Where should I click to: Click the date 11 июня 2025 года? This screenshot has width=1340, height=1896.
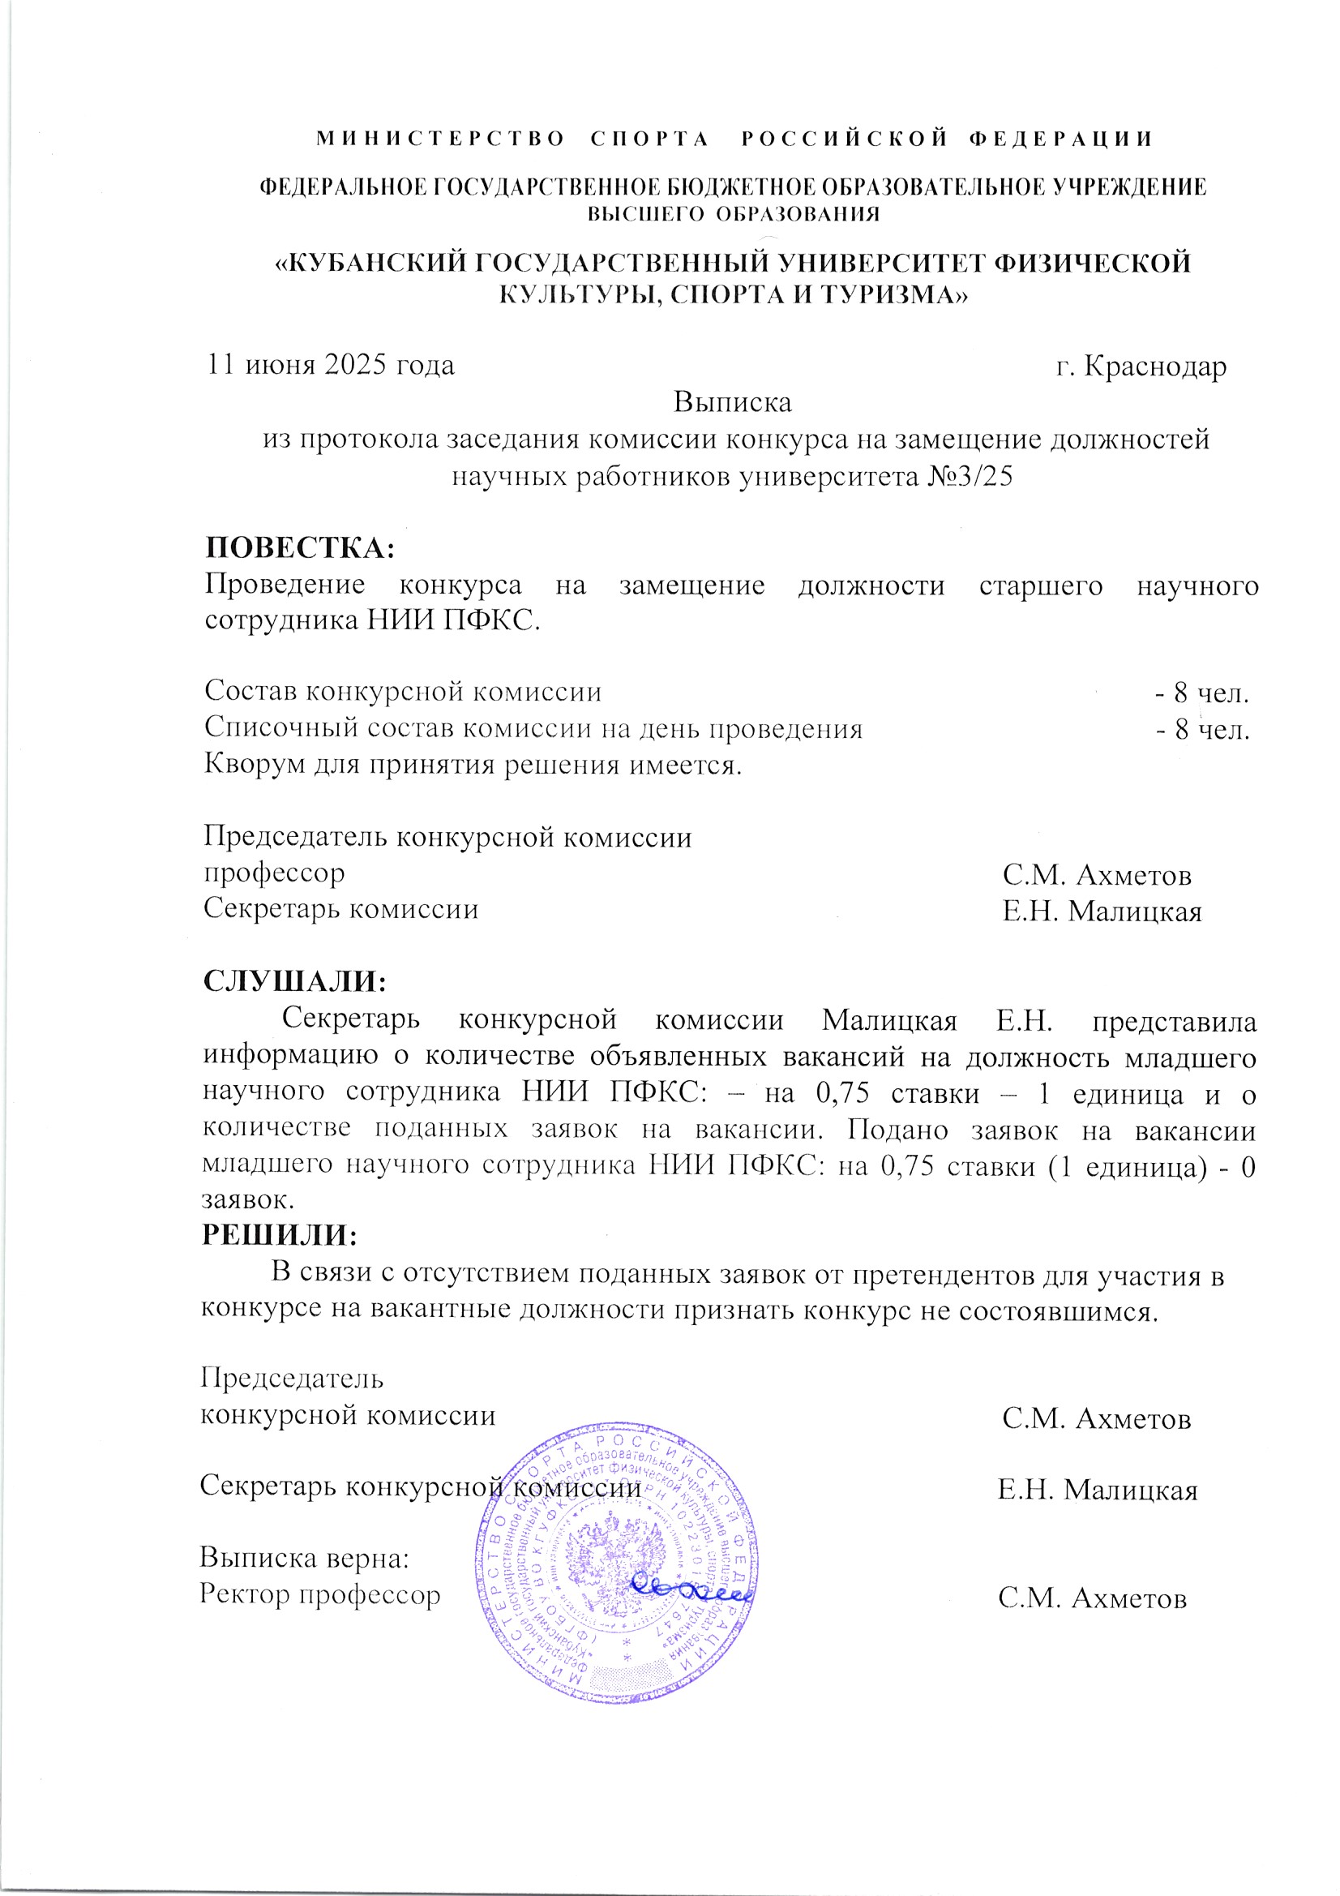click(x=330, y=365)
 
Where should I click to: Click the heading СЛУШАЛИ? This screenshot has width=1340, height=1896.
click(x=296, y=981)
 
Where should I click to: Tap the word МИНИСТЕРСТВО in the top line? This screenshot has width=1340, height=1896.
click(x=441, y=139)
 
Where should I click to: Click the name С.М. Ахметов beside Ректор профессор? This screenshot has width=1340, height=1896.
click(x=1091, y=1598)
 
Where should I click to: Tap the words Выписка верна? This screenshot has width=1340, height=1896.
click(x=306, y=1559)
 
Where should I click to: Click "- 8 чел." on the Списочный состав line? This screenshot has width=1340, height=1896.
click(x=1201, y=730)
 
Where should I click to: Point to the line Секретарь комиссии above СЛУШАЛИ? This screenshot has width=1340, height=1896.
click(x=341, y=909)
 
